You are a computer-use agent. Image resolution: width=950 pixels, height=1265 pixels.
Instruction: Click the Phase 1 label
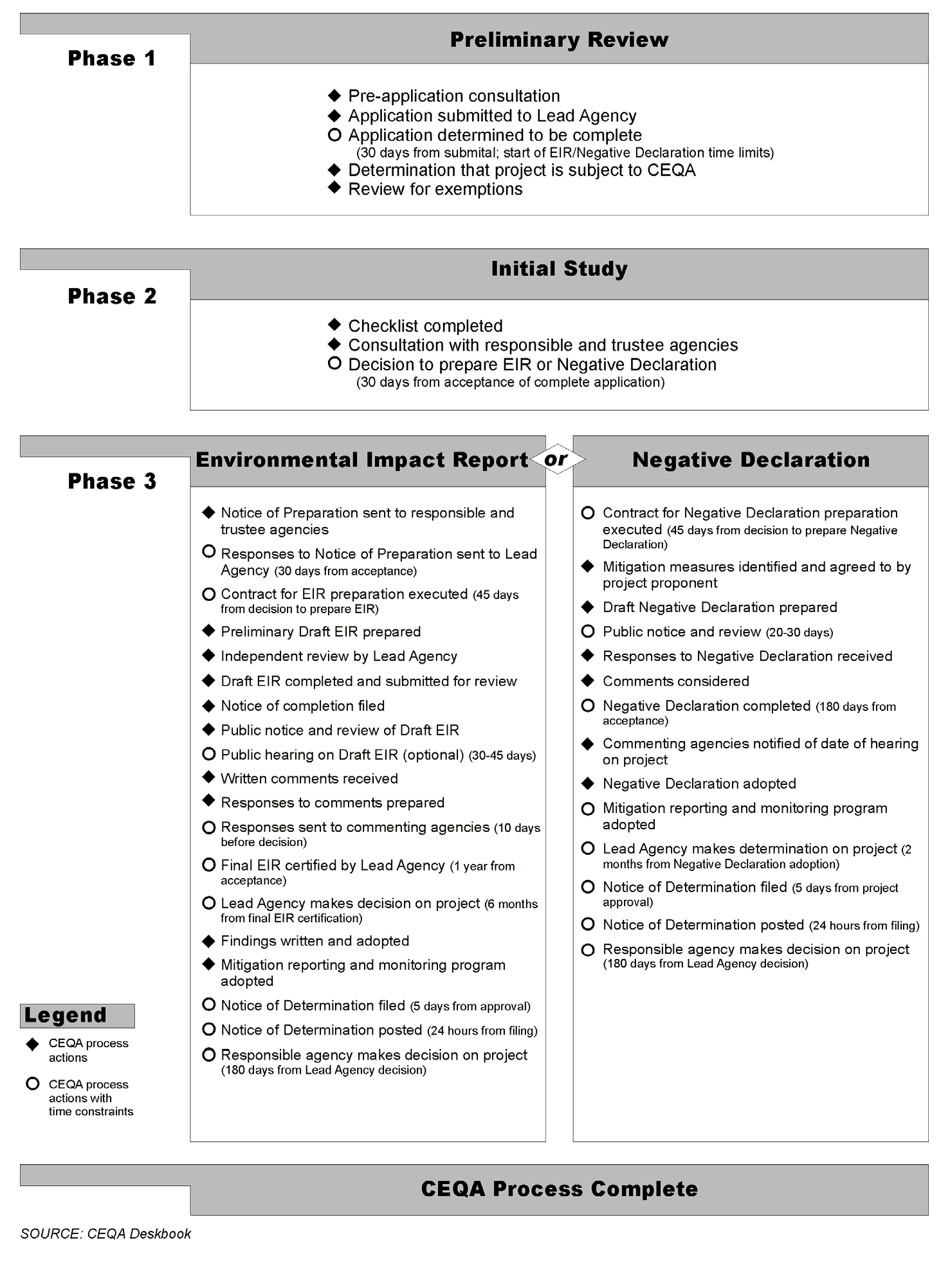111,58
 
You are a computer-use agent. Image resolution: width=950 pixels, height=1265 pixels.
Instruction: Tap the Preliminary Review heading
559,40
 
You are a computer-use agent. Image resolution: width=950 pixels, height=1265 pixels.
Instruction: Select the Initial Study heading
559,269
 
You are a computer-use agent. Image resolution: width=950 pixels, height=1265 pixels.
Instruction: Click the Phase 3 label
112,481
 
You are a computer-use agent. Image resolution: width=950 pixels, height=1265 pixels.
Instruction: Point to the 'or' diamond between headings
557,459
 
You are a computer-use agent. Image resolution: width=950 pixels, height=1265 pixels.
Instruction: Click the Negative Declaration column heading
751,460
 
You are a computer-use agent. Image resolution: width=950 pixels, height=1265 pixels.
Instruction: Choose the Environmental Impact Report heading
361,460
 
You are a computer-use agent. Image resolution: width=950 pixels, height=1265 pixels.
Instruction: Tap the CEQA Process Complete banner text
559,1189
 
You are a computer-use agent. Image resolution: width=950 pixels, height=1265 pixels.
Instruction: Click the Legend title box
77,1016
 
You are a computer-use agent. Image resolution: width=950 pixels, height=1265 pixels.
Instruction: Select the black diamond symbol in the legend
32,1045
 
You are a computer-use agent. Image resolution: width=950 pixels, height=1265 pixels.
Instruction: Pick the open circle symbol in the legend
32,1084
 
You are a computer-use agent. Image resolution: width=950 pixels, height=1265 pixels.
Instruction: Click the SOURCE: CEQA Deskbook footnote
105,1234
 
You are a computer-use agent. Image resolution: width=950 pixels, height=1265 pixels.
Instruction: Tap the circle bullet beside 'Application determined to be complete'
334,135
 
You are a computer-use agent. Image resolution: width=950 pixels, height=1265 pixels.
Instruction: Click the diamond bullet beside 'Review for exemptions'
334,188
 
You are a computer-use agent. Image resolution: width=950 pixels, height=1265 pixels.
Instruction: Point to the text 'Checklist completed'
425,326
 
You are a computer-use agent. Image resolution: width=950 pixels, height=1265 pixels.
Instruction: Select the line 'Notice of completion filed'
302,706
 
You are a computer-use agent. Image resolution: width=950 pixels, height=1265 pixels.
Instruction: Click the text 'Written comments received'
309,778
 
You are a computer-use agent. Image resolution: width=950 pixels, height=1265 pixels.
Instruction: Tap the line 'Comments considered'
675,681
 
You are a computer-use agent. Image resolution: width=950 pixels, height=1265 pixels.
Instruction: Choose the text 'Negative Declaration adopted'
699,784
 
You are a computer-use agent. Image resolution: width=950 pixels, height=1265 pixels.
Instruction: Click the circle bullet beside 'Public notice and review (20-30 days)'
588,631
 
